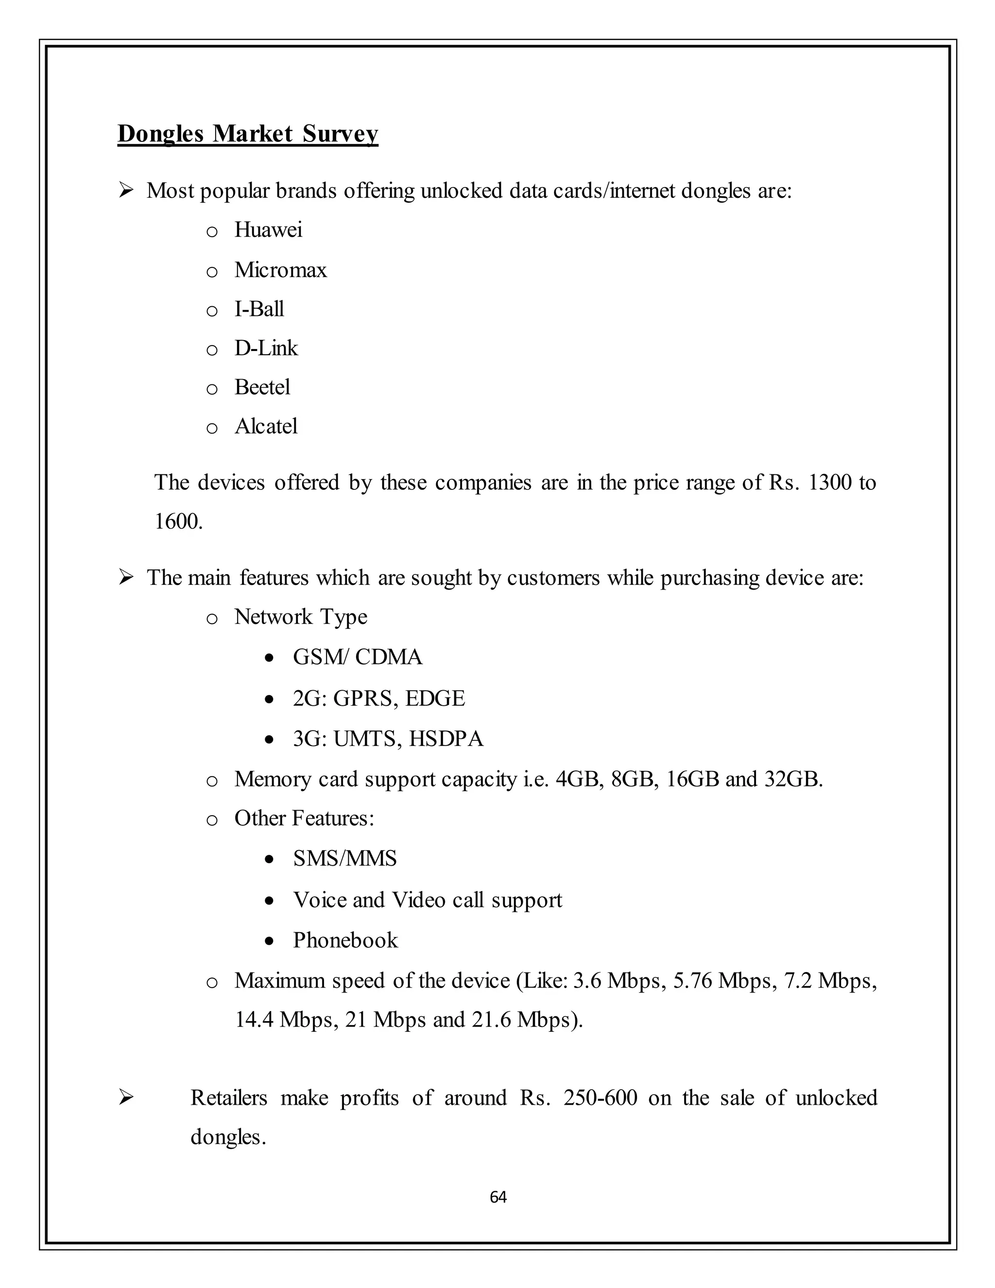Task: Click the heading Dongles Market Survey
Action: click(x=248, y=134)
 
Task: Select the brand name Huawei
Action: click(x=268, y=230)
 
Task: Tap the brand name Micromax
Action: click(x=281, y=270)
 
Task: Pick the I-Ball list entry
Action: click(x=259, y=309)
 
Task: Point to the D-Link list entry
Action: click(x=266, y=348)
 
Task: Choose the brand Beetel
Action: click(x=262, y=387)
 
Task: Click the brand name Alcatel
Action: click(x=266, y=426)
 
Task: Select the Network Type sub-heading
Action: click(x=301, y=617)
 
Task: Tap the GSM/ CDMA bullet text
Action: click(x=357, y=657)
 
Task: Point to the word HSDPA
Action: click(x=446, y=739)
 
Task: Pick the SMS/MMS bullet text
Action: click(x=345, y=859)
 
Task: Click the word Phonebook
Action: click(x=345, y=940)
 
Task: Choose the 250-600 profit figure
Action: click(x=600, y=1097)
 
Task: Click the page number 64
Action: click(x=498, y=1197)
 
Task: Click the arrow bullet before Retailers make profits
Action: click(x=125, y=1097)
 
